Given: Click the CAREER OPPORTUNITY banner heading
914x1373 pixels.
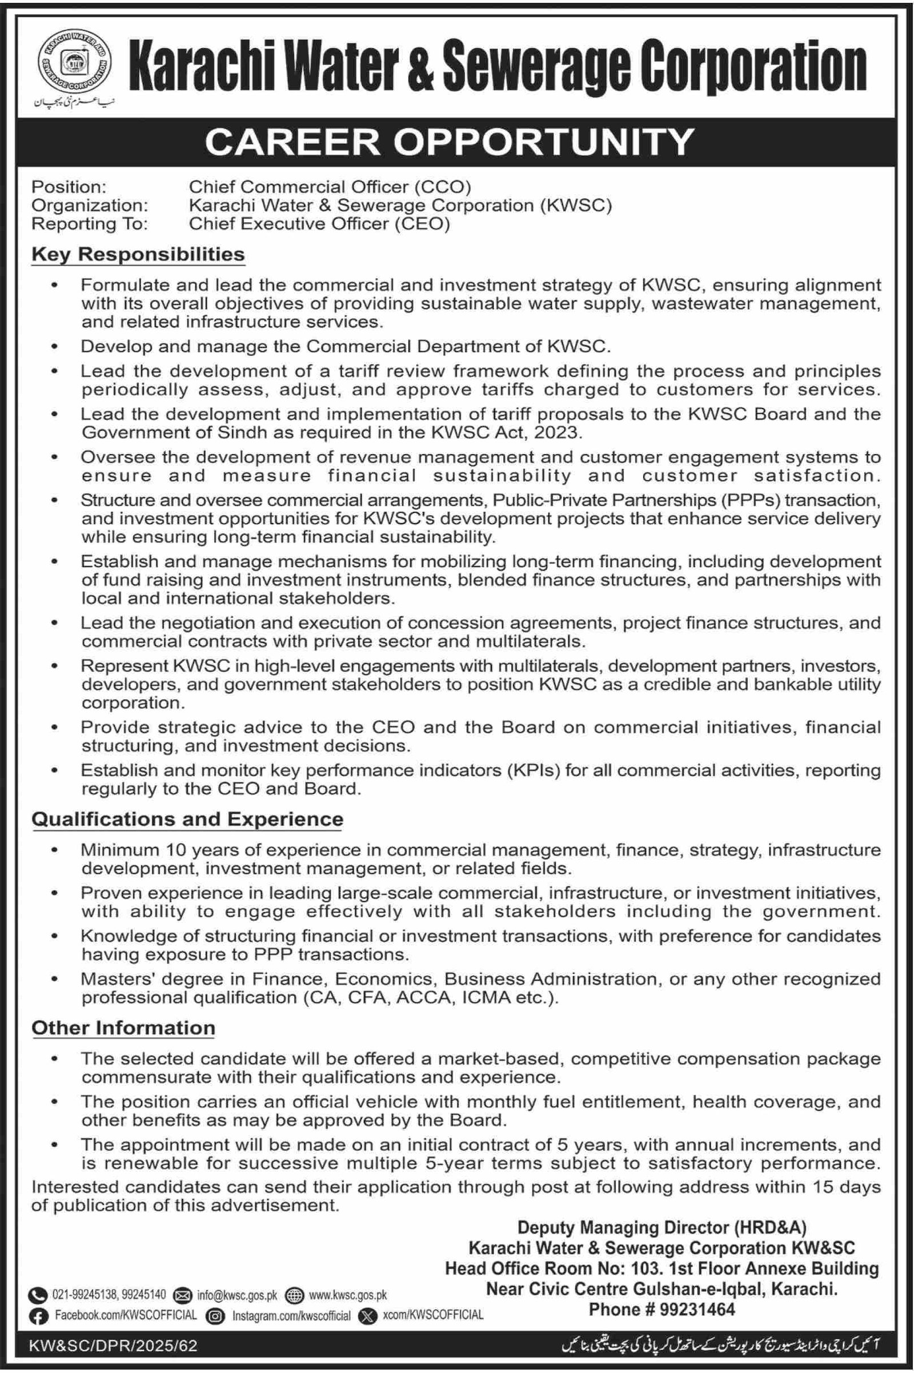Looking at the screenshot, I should click(450, 142).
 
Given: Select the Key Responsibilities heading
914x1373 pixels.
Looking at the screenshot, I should click(138, 255).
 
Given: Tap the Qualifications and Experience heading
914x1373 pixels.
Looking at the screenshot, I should click(187, 819).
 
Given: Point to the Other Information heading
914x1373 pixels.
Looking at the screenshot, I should click(123, 1027).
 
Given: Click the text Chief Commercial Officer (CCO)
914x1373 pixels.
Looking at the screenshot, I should click(330, 187).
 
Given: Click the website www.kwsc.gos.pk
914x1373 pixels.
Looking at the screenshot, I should click(348, 1280).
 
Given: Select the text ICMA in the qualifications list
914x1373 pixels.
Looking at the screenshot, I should click(486, 998).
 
